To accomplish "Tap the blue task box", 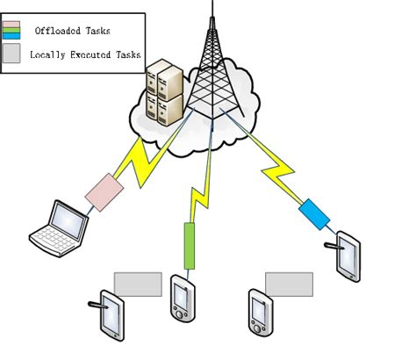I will (x=312, y=213).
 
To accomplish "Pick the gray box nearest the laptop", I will (x=138, y=284).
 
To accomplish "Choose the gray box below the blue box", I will (x=289, y=284).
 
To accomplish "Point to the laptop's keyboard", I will (x=53, y=237).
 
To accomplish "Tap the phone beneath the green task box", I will (x=182, y=299).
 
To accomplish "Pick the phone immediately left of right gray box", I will (x=258, y=311).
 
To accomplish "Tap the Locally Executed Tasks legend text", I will (x=84, y=54).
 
